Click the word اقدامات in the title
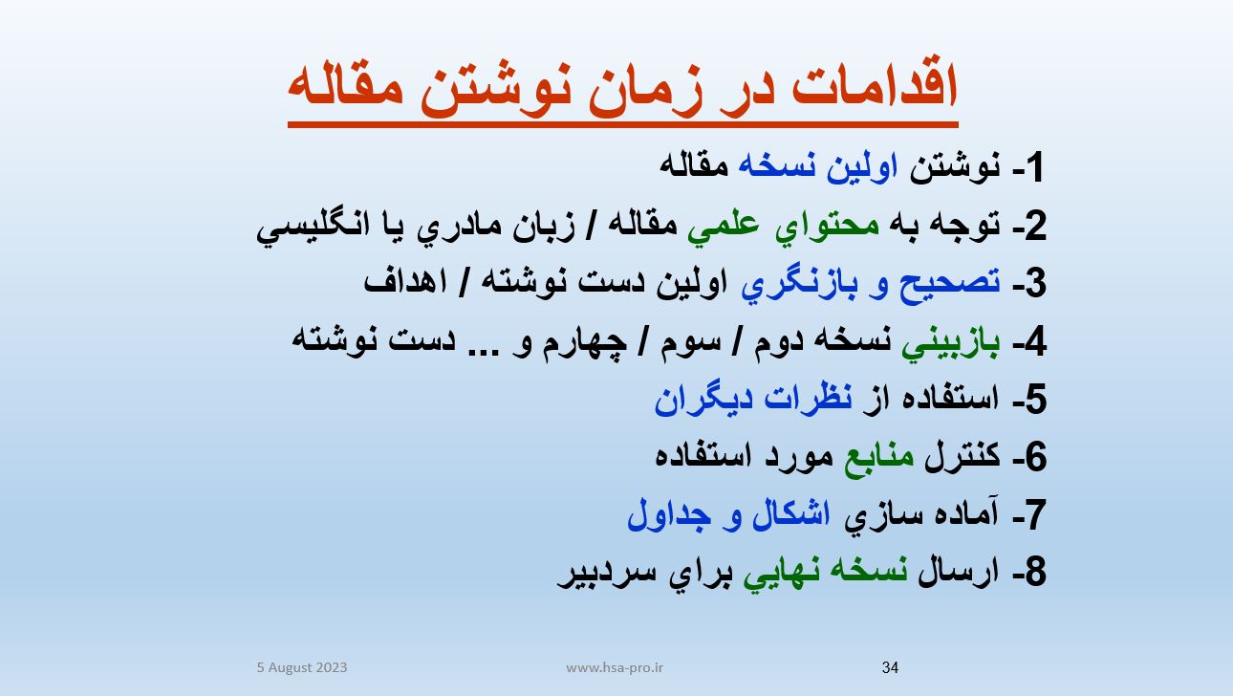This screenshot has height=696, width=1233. pos(876,88)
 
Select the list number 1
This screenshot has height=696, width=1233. pos(1034,167)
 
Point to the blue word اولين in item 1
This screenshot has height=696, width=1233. pos(861,167)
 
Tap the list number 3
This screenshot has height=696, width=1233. pos(1035,283)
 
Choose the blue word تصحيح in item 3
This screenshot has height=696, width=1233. pos(949,284)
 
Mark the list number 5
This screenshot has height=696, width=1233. pos(1035,400)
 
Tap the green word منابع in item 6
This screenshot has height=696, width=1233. pos(879,458)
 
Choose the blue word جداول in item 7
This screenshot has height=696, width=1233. pos(669,515)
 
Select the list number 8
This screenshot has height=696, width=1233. pos(1035,572)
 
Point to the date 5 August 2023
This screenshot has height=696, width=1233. pos(302,667)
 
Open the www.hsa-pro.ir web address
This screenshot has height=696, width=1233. pos(615,668)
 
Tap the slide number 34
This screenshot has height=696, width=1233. pos(890,667)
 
